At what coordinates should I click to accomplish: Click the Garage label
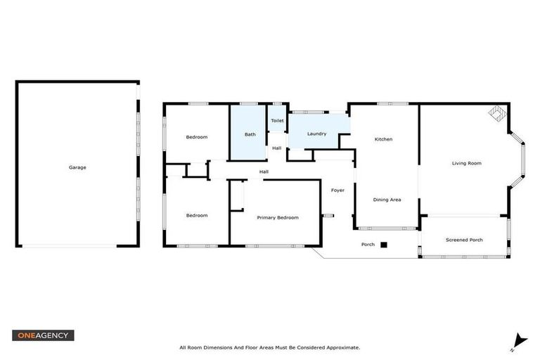[x=77, y=167]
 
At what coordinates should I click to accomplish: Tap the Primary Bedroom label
[x=277, y=218]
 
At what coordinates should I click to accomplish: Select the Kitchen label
[x=383, y=139]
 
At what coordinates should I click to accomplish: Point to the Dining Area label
[x=387, y=200]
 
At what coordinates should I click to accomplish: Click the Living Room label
[x=466, y=163]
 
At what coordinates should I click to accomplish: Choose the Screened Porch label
[x=464, y=240]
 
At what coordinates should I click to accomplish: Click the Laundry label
[x=316, y=134]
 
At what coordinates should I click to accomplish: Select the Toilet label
[x=277, y=121]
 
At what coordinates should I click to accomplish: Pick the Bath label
[x=250, y=134]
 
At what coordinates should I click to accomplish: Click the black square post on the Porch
[x=384, y=245]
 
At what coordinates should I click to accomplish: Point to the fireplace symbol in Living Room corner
[x=496, y=112]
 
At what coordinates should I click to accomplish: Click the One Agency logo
[x=43, y=335]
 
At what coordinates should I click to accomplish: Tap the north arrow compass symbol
[x=519, y=341]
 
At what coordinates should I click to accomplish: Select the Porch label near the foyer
[x=368, y=245]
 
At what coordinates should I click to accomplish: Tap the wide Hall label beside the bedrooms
[x=264, y=172]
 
